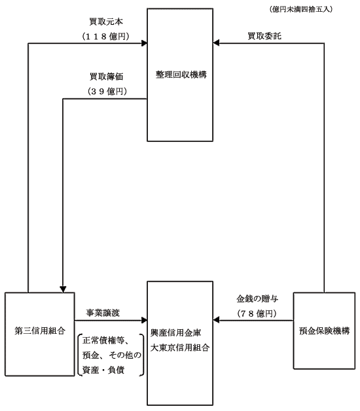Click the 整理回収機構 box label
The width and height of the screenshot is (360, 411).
[x=181, y=75]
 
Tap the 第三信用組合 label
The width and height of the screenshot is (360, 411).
[x=40, y=331]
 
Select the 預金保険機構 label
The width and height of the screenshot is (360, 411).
[x=325, y=331]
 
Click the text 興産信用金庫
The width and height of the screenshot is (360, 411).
[x=175, y=333]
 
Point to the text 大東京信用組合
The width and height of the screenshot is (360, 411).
[x=180, y=348]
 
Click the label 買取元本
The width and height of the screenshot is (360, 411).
[x=106, y=22]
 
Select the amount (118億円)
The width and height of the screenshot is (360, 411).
[x=105, y=36]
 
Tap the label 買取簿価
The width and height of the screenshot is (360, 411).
[x=106, y=77]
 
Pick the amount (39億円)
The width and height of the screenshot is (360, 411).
[x=107, y=91]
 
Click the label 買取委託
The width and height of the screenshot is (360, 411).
[x=264, y=36]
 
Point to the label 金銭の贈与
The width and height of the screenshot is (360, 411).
[x=257, y=298]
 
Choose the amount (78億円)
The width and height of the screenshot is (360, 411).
[x=257, y=313]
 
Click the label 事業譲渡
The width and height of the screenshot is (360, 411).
[x=103, y=313]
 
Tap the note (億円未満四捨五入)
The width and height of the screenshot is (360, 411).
[x=300, y=9]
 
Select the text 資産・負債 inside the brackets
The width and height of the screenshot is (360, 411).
[x=103, y=370]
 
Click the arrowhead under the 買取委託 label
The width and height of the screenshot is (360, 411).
[x=216, y=43]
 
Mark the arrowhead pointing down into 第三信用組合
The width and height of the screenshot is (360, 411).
[x=63, y=289]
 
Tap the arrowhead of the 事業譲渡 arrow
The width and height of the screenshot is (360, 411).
[x=144, y=320]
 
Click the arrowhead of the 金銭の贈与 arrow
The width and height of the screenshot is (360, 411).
[x=216, y=320]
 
